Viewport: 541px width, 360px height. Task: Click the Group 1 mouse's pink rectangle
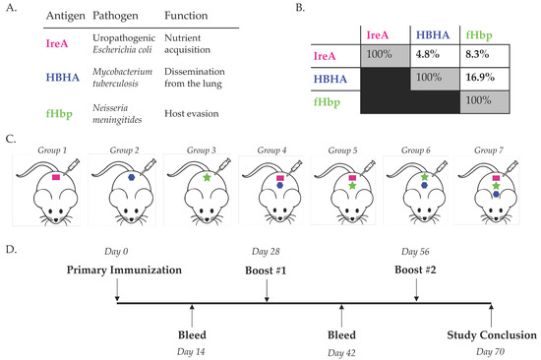[56, 177]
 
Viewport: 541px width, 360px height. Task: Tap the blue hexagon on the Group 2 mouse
[131, 178]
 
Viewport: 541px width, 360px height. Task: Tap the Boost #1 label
[267, 270]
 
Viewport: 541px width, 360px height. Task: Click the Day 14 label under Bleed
[192, 351]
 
